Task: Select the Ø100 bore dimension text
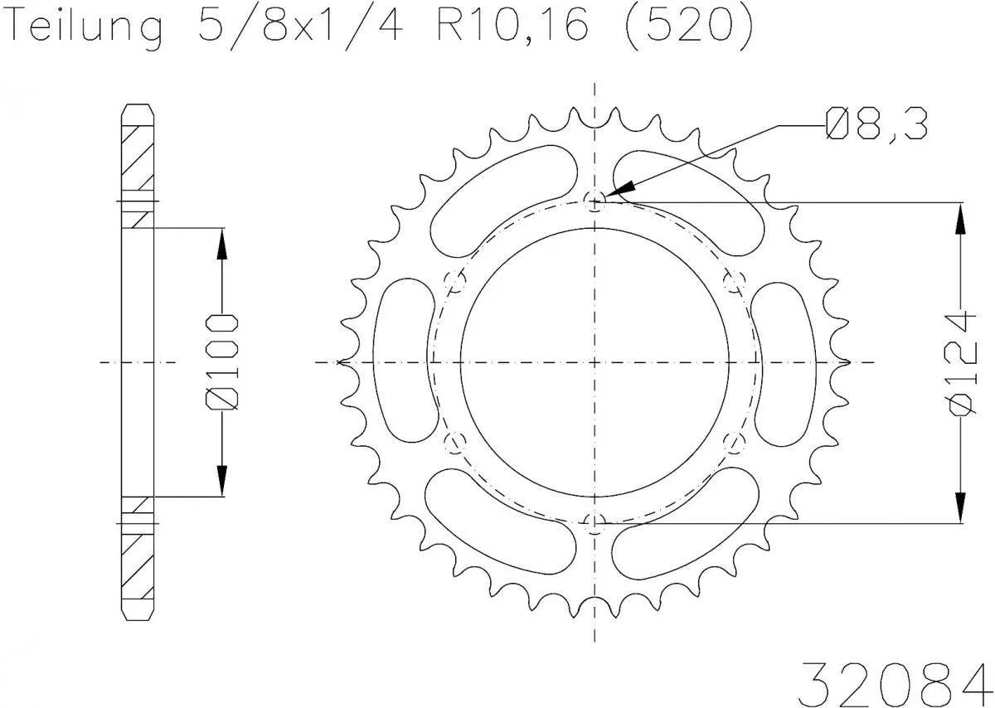[222, 362]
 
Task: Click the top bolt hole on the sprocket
[594, 199]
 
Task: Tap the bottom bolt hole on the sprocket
[594, 522]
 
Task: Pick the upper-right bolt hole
[732, 282]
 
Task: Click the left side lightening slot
[403, 362]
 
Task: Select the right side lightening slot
[785, 362]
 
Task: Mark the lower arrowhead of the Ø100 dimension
[222, 480]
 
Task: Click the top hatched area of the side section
[138, 158]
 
